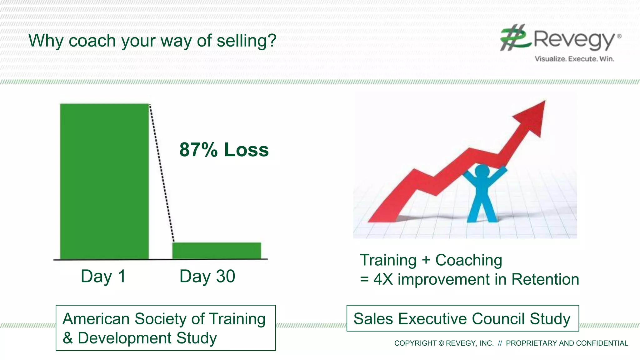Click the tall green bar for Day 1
(x=104, y=181)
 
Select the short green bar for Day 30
(x=217, y=251)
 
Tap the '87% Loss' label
(x=224, y=150)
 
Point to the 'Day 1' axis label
(x=103, y=276)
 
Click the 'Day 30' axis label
(x=207, y=276)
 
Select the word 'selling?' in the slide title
(x=247, y=41)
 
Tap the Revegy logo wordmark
(x=574, y=40)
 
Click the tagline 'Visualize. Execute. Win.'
(x=574, y=59)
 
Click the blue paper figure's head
(x=482, y=172)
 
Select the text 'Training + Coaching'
(x=431, y=260)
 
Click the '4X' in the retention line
(x=383, y=279)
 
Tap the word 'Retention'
(x=545, y=279)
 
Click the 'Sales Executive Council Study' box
(x=462, y=318)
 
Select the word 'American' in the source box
(x=96, y=319)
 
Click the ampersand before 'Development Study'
(x=68, y=338)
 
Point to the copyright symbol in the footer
(x=441, y=343)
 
